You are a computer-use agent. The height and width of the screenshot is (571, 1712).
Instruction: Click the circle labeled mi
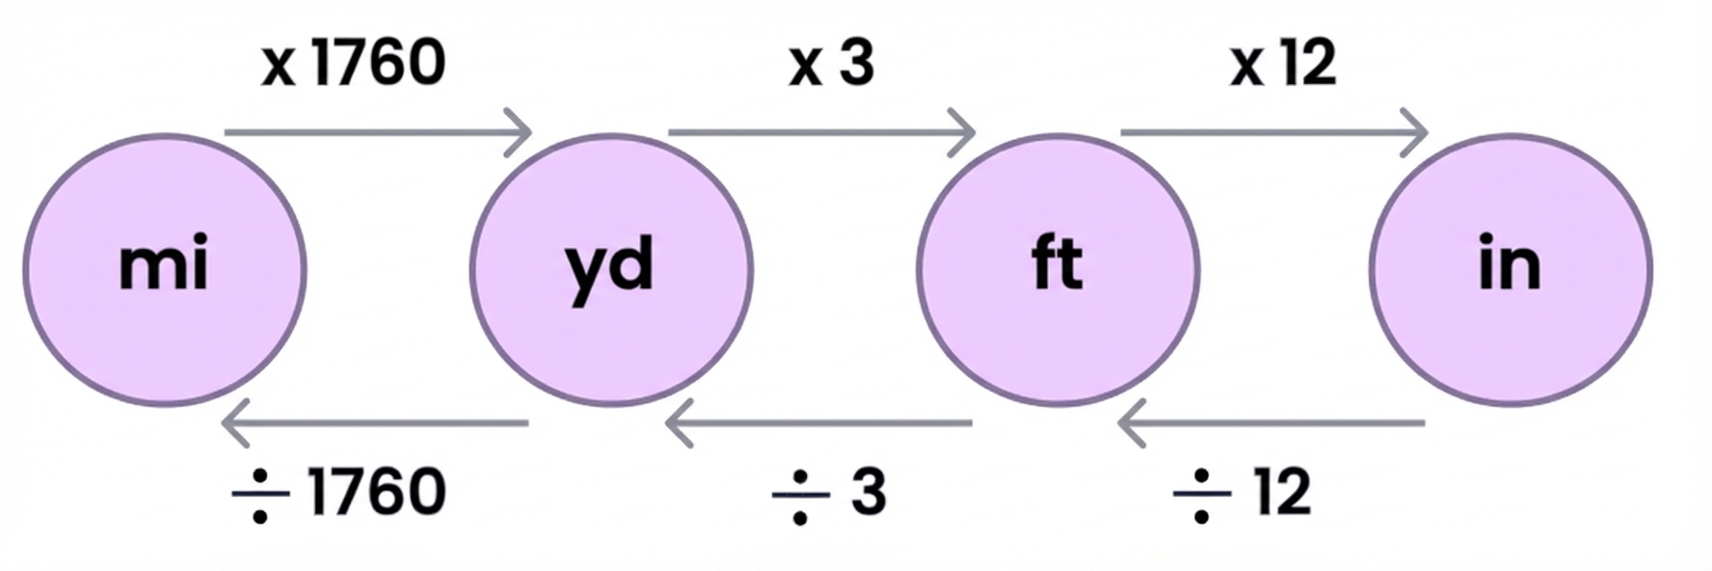coord(165,269)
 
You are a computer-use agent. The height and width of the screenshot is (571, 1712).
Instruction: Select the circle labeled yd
coord(611,269)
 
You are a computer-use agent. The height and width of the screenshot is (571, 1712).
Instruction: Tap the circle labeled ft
coord(1057,269)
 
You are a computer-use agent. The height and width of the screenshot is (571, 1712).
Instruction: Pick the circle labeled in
coord(1511,269)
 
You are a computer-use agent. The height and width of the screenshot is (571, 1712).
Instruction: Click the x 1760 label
coord(353,64)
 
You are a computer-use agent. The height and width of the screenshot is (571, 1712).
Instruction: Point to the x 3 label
coord(831,64)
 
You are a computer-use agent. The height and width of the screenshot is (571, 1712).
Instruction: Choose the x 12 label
coord(1282,64)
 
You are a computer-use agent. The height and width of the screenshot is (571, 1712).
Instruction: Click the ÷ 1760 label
coord(339,492)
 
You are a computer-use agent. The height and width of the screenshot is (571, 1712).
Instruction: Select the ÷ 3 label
coord(829,492)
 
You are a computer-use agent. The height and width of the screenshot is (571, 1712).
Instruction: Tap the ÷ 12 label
coord(1243,492)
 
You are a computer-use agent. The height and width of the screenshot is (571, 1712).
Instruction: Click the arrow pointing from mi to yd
coord(378,131)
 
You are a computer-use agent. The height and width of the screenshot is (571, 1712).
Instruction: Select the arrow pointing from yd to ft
coord(821,131)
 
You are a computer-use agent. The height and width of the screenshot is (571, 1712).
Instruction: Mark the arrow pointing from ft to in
coord(1273,131)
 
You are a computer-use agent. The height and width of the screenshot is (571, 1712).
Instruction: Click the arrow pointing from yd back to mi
coord(375,422)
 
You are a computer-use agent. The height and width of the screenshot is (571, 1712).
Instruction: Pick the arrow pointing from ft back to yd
coord(818,422)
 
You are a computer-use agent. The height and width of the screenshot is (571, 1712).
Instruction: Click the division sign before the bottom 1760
coord(260,494)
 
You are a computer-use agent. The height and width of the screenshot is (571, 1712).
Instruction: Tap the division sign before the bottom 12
coord(1201,494)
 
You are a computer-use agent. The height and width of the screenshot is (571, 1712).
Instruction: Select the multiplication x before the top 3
coord(805,66)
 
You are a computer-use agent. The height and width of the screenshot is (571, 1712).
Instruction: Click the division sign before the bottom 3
coord(800,494)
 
